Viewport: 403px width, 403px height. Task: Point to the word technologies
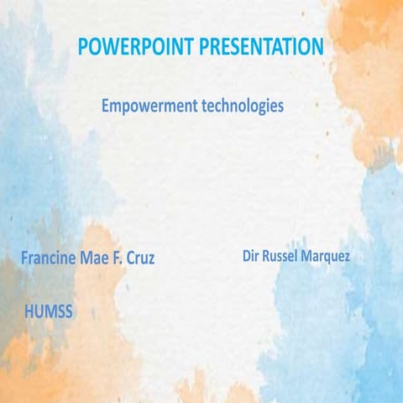243,107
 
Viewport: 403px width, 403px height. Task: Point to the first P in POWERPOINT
82,47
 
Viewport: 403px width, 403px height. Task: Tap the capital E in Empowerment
105,107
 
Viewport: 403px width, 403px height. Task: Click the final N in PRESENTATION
316,47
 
